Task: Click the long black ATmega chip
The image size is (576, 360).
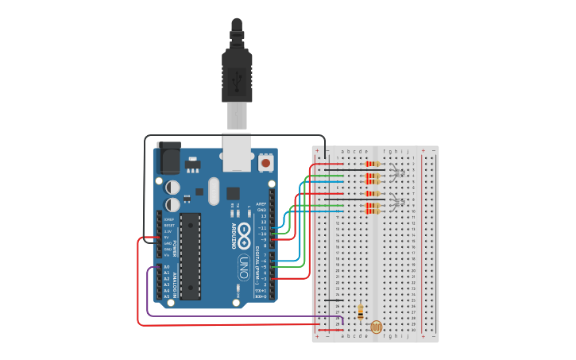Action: click(x=190, y=255)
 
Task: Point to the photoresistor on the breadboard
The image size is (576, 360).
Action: click(x=377, y=327)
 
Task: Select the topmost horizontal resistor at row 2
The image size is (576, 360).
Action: click(x=370, y=164)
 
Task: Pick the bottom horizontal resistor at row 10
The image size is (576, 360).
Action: click(x=370, y=211)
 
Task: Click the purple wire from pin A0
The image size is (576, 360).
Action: click(x=222, y=317)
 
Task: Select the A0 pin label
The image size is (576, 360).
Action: click(x=167, y=266)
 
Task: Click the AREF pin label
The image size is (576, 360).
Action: click(x=261, y=203)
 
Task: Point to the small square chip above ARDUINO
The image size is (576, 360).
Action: click(x=233, y=193)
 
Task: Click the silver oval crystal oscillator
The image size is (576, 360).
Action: click(x=213, y=191)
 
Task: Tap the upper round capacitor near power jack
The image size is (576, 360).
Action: click(x=172, y=187)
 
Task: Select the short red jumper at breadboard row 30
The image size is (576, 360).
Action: click(x=331, y=329)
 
